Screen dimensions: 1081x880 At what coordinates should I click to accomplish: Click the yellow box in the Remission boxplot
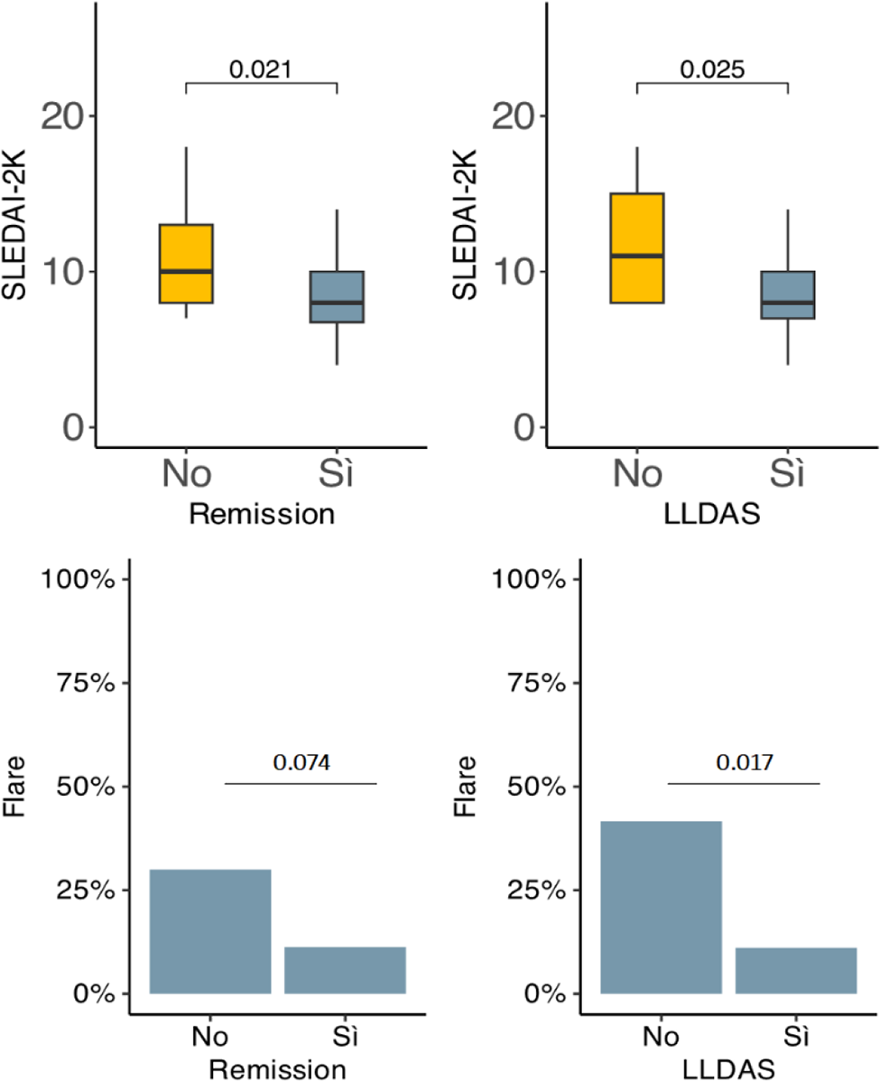pyautogui.click(x=186, y=263)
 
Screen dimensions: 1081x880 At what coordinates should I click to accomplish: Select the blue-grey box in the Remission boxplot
pyautogui.click(x=337, y=296)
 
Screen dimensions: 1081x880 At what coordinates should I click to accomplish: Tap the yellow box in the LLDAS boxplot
pyautogui.click(x=637, y=247)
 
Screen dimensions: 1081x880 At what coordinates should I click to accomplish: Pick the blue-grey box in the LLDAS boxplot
pyautogui.click(x=788, y=294)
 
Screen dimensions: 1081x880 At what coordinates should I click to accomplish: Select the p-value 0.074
pyautogui.click(x=301, y=763)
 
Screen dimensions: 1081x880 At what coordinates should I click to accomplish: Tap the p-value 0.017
pyautogui.click(x=744, y=763)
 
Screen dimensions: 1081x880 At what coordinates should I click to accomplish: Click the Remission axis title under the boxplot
pyautogui.click(x=262, y=516)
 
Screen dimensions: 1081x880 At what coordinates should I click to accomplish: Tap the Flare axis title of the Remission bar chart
pyautogui.click(x=15, y=787)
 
